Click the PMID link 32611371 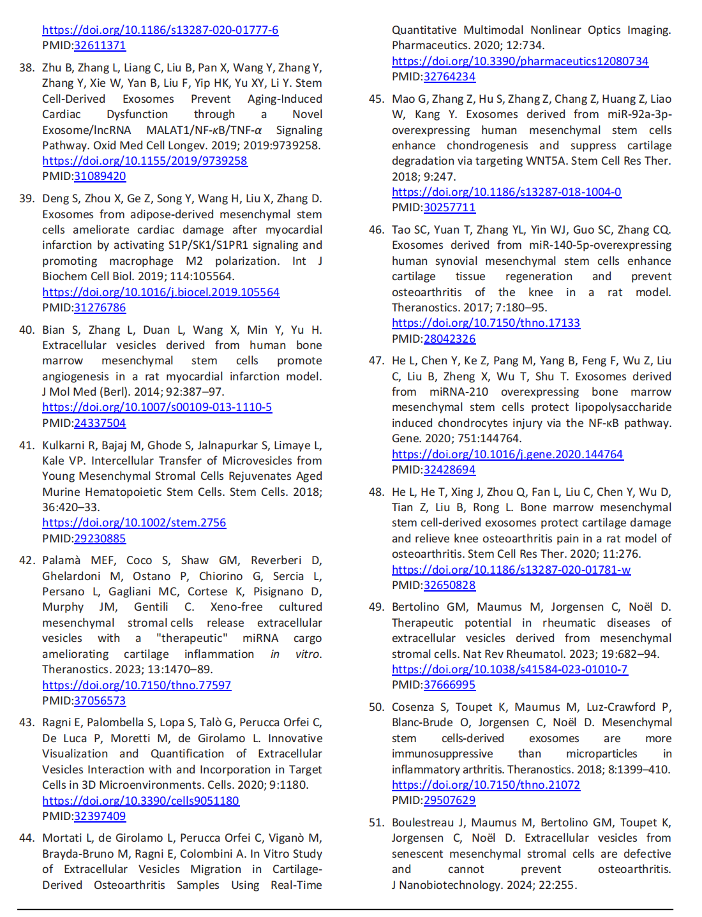coord(100,45)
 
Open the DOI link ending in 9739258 coord(144,161)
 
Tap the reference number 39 coord(27,198)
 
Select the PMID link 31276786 coord(100,308)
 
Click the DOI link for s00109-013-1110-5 coord(157,407)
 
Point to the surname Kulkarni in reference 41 coord(63,445)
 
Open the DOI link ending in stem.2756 coord(134,523)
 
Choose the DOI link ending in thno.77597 coord(137,685)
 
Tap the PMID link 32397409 coord(100,816)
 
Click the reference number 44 coord(27,838)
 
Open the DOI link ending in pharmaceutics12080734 coord(519,61)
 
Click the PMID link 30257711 coord(449,207)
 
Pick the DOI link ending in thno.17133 coord(486,323)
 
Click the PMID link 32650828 coord(449,585)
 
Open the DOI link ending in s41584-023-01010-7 coord(509,669)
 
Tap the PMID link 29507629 coord(449,800)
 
